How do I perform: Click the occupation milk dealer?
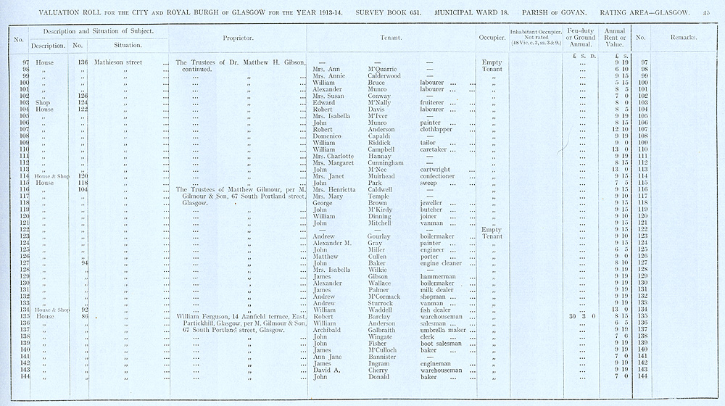tap(438, 290)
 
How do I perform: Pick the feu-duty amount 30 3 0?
tap(581, 317)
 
